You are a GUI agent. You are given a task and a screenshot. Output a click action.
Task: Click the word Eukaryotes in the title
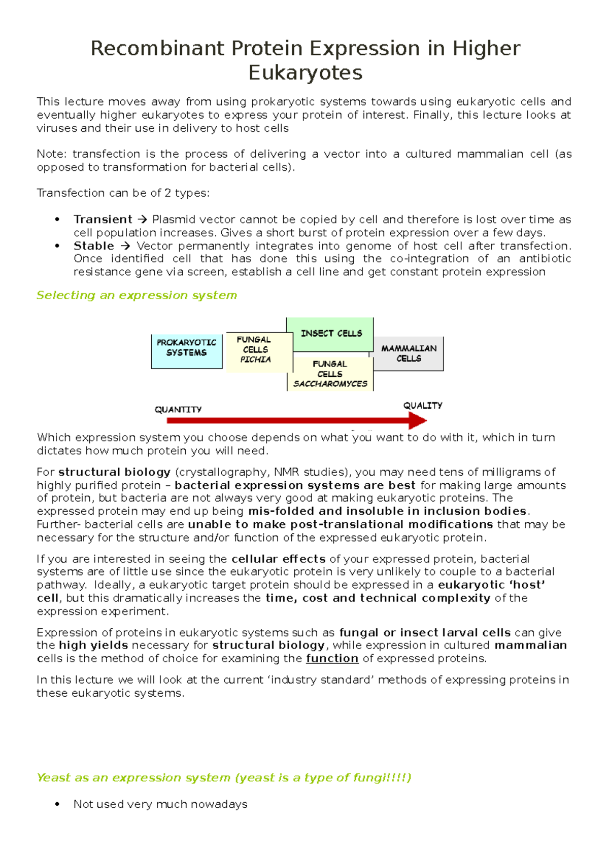[305, 73]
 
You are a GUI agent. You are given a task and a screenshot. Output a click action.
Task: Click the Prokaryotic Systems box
[187, 351]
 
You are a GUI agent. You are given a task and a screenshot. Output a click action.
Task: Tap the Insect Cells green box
[330, 334]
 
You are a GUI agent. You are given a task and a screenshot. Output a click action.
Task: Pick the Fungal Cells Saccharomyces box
[330, 374]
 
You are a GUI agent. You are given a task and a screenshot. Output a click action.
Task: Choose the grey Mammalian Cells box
[409, 353]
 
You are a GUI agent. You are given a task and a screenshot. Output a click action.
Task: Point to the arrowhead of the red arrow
[418, 420]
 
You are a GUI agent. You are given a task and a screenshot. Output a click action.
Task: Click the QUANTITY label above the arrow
[178, 409]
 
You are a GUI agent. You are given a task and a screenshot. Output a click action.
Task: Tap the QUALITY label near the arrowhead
[423, 405]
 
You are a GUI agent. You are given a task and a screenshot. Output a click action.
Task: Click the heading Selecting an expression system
[137, 295]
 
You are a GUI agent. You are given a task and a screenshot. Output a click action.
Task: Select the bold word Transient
[103, 220]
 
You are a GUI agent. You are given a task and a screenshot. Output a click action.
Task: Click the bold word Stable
[94, 246]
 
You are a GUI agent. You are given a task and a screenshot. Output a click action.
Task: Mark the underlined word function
[332, 659]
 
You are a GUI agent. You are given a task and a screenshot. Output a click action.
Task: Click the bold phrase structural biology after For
[114, 472]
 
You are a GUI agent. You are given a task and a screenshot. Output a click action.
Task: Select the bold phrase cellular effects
[278, 559]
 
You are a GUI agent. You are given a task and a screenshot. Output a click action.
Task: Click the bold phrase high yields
[93, 645]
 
